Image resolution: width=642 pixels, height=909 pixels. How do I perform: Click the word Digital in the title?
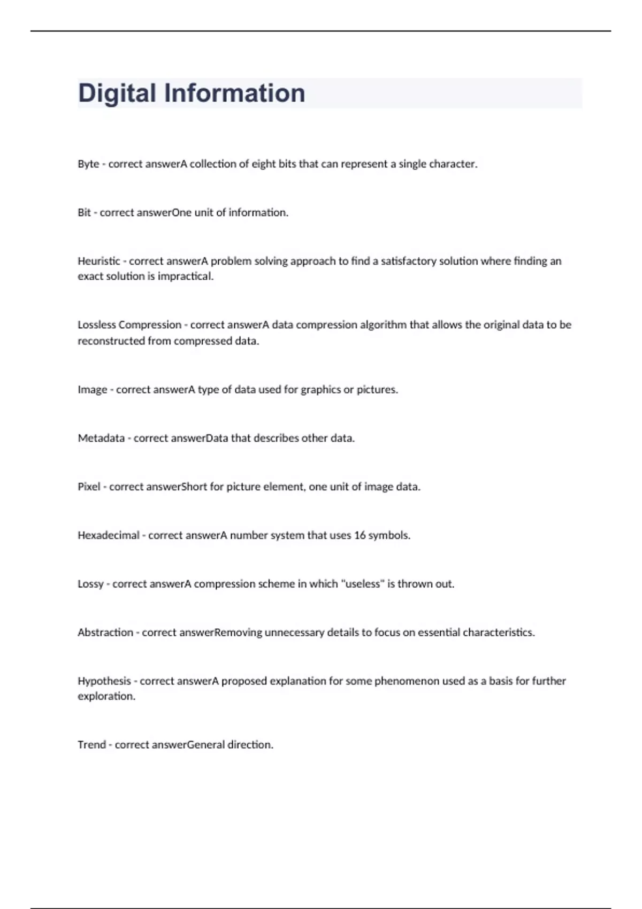pyautogui.click(x=117, y=93)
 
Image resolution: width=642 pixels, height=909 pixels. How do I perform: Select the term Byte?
pyautogui.click(x=88, y=164)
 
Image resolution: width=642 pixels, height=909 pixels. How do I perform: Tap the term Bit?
pyautogui.click(x=84, y=213)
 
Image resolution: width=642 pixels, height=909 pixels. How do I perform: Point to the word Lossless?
pyautogui.click(x=97, y=325)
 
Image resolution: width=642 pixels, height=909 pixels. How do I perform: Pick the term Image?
pyautogui.click(x=93, y=390)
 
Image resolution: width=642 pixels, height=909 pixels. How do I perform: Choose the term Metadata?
pyautogui.click(x=101, y=438)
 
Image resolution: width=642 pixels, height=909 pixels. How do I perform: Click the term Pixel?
pyautogui.click(x=89, y=487)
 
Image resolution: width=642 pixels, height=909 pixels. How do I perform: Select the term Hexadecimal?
pyautogui.click(x=109, y=536)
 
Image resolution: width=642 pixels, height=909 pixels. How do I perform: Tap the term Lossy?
pyautogui.click(x=90, y=584)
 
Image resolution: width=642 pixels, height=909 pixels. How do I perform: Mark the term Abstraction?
pyautogui.click(x=105, y=633)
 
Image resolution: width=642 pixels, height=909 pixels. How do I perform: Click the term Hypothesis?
pyautogui.click(x=104, y=681)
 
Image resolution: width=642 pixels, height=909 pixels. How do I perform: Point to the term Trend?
pyautogui.click(x=91, y=745)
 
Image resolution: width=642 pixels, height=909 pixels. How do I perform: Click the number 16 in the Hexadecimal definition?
pyautogui.click(x=360, y=536)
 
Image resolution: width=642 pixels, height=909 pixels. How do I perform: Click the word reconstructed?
pyautogui.click(x=111, y=341)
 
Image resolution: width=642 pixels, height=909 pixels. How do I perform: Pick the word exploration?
pyautogui.click(x=106, y=696)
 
